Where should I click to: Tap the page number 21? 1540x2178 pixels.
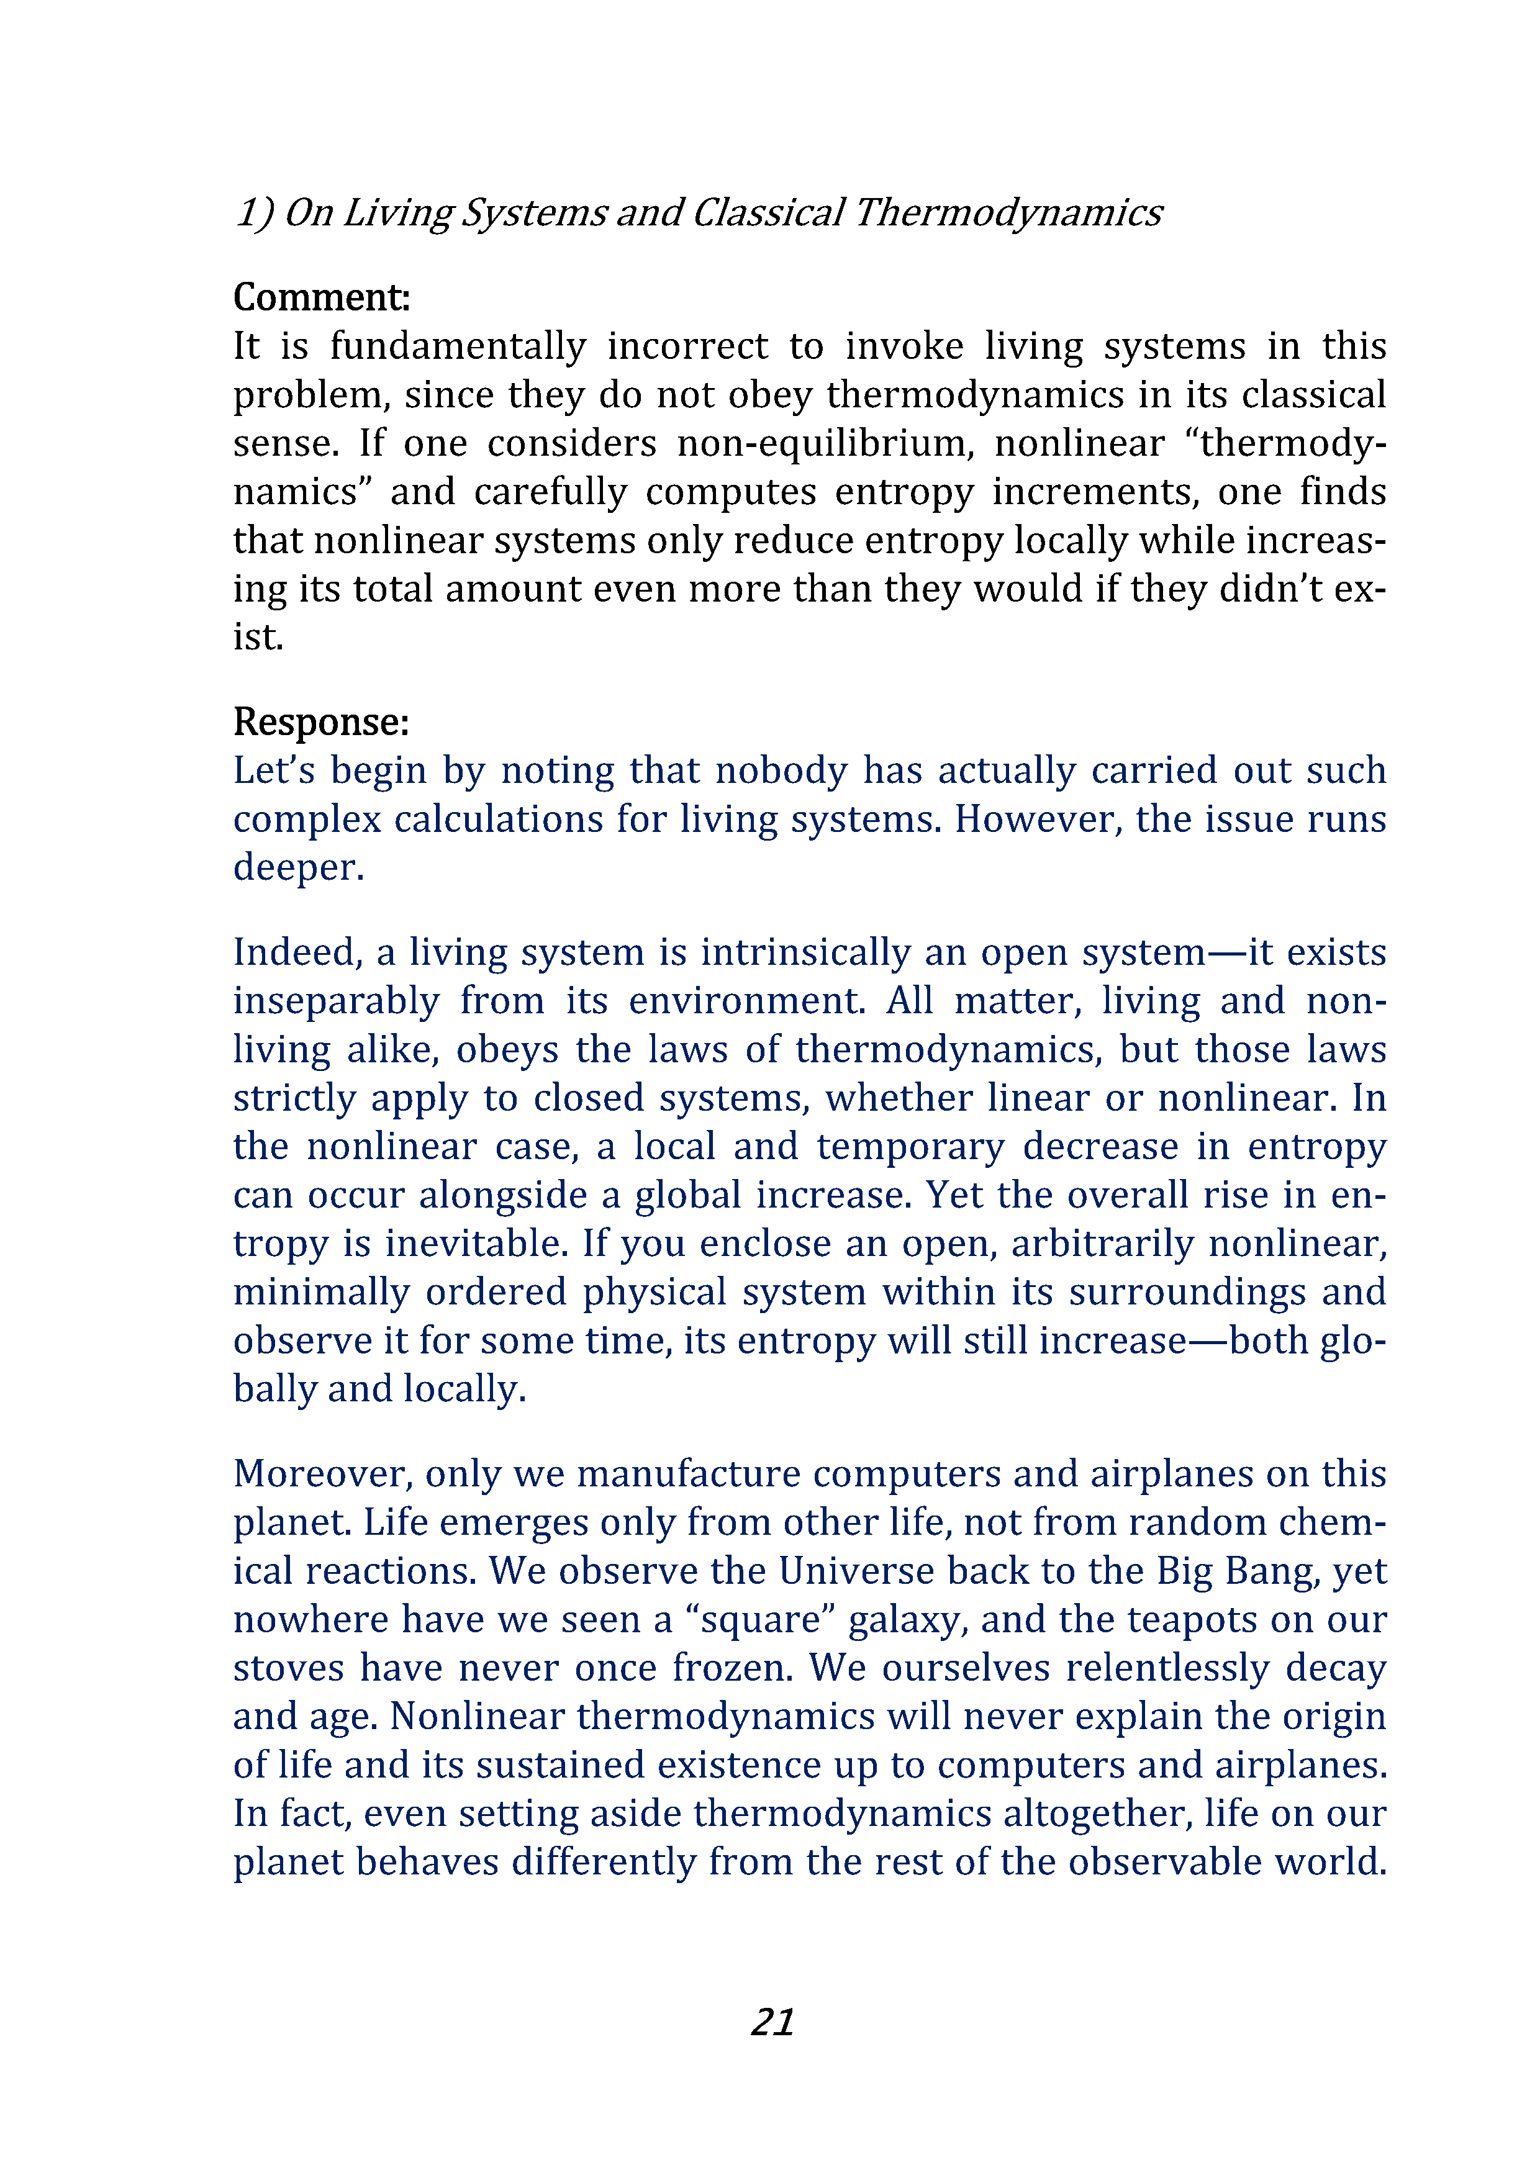(772, 2022)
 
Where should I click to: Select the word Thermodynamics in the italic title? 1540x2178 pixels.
(1008, 212)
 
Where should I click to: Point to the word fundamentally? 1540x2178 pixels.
(458, 346)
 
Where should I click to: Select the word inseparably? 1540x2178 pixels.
(336, 1001)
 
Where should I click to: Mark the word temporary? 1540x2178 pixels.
(910, 1146)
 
